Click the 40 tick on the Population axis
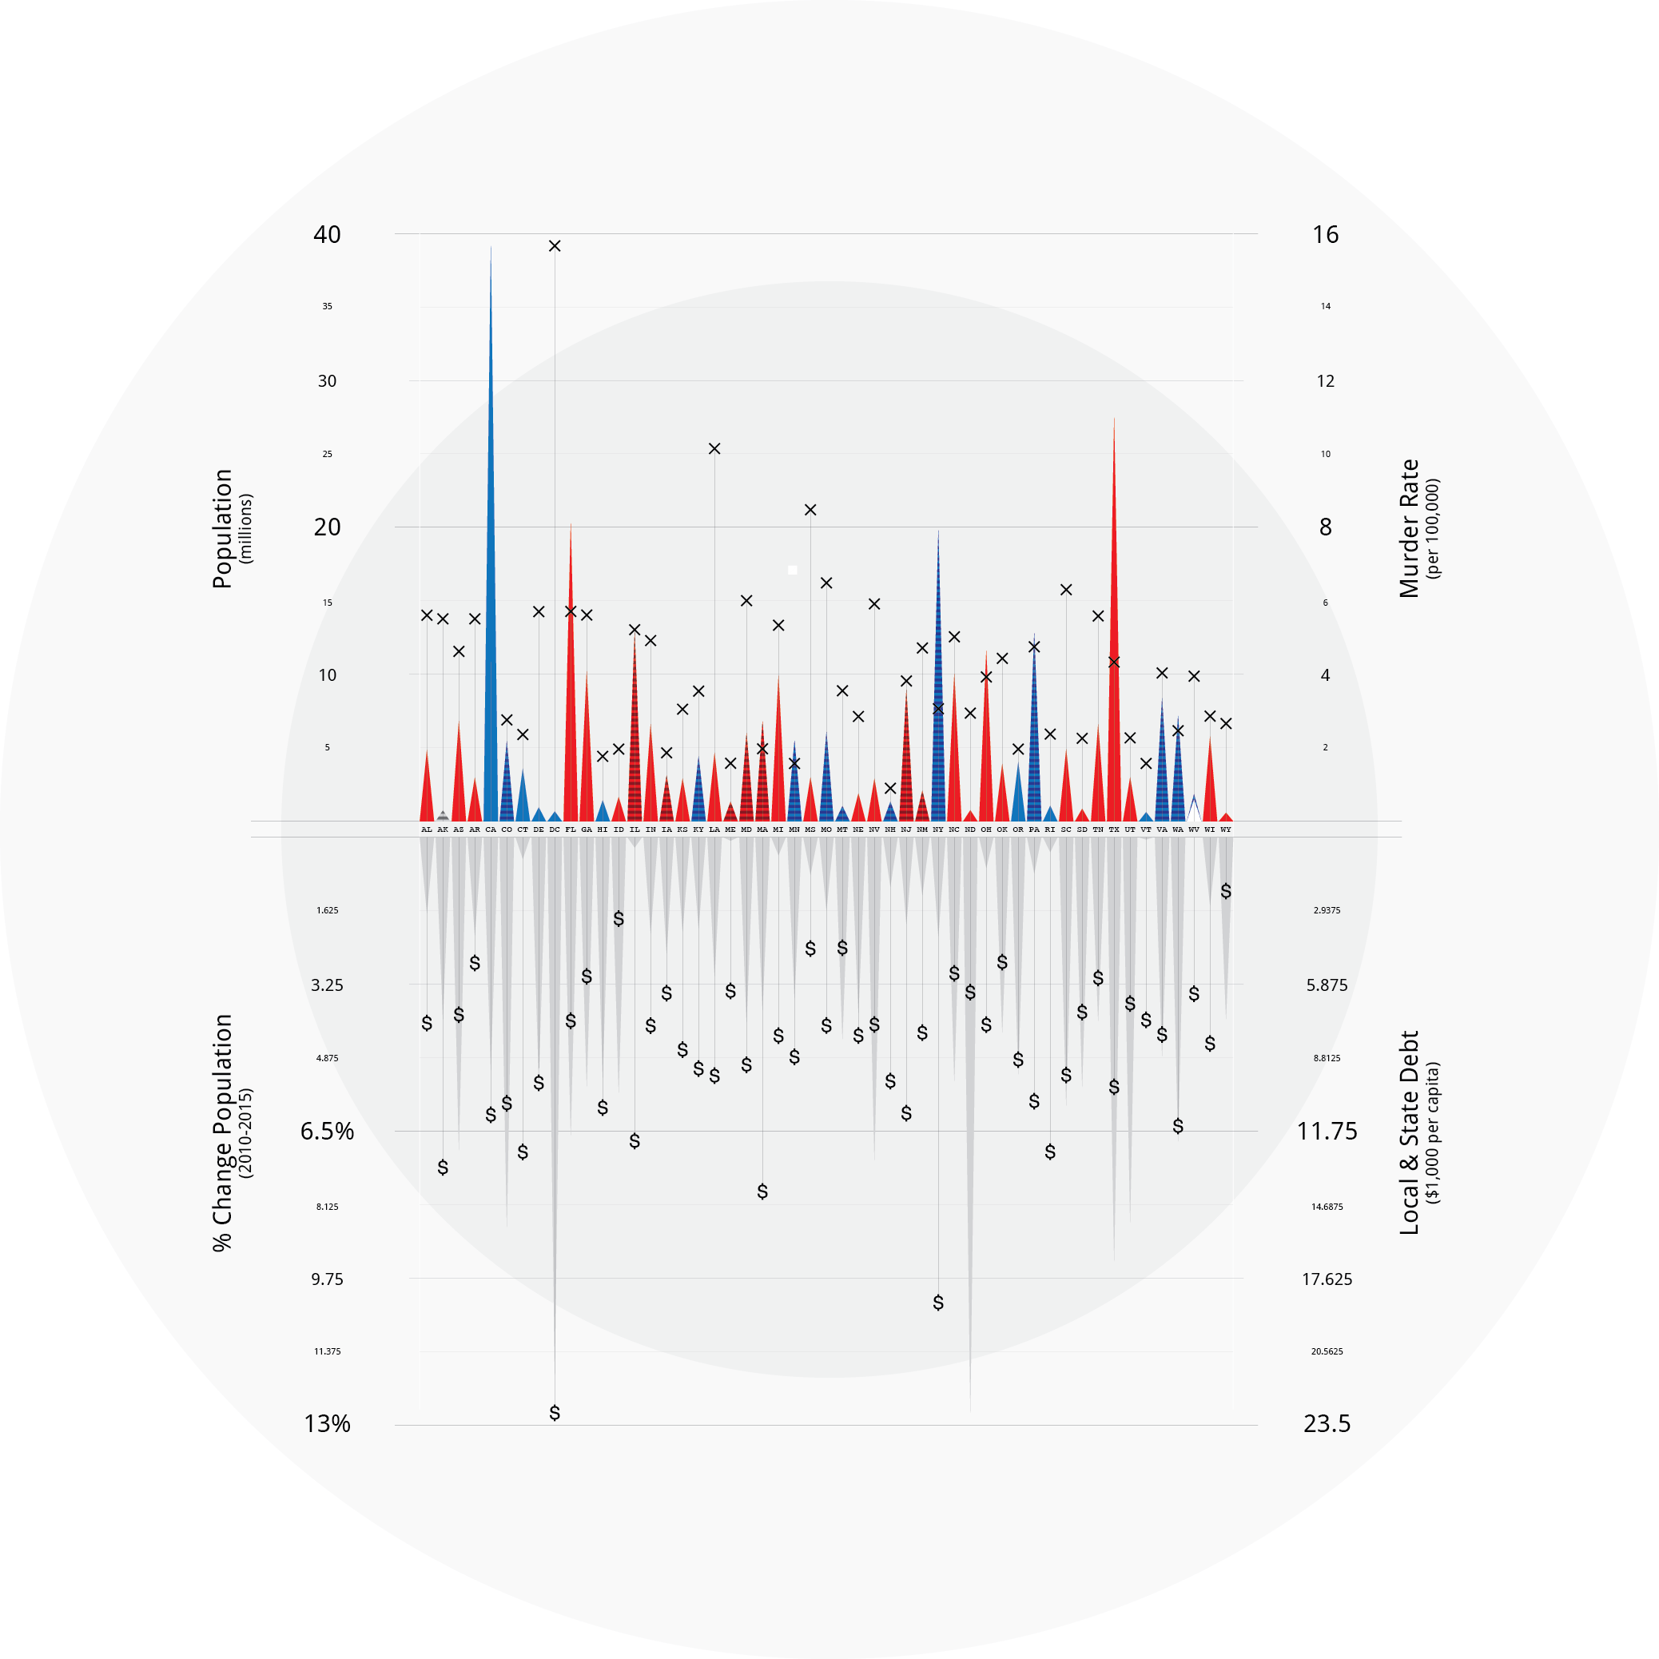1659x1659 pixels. click(326, 234)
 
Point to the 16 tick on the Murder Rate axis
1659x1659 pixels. click(1325, 234)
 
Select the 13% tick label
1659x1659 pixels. click(327, 1424)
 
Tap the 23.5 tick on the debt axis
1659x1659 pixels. click(1327, 1424)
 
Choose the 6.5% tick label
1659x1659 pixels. click(327, 1131)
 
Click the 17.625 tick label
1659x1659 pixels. click(1327, 1279)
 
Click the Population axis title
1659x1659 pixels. click(223, 528)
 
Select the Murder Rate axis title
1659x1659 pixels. click(1409, 528)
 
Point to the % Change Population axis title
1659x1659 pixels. click(223, 1132)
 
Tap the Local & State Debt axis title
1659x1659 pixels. click(1409, 1132)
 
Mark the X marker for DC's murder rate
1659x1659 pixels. click(555, 246)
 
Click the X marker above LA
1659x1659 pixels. click(714, 448)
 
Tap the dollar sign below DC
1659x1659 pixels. click(555, 1413)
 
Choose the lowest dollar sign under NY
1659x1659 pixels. click(937, 1303)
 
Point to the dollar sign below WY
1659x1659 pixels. click(1225, 891)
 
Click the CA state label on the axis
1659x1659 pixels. click(491, 829)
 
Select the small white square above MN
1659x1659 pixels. click(793, 570)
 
